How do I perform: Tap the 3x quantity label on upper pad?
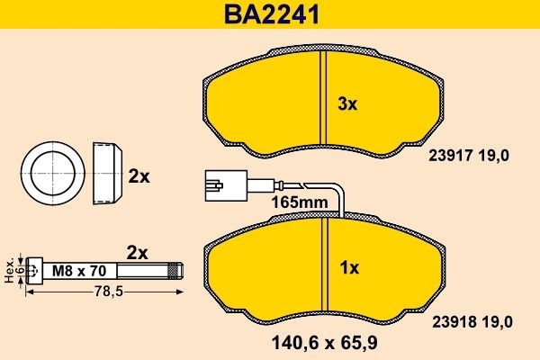point(346,103)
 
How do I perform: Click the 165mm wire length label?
point(299,203)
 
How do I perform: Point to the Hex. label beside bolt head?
point(8,268)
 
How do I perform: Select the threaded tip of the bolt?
point(176,268)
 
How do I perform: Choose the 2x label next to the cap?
point(138,176)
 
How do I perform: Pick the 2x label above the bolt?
point(136,252)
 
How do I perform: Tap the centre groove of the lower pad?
point(327,270)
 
